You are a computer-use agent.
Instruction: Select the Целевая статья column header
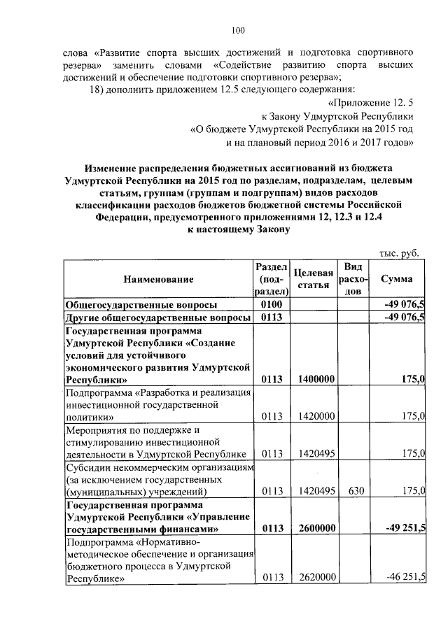[x=313, y=278]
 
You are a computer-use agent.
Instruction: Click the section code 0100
[x=270, y=305]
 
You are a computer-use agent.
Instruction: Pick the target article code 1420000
[x=313, y=416]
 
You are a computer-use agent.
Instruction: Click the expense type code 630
[x=355, y=491]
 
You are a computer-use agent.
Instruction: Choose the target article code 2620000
[x=313, y=578]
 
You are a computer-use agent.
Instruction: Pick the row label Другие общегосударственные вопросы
[x=157, y=318]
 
